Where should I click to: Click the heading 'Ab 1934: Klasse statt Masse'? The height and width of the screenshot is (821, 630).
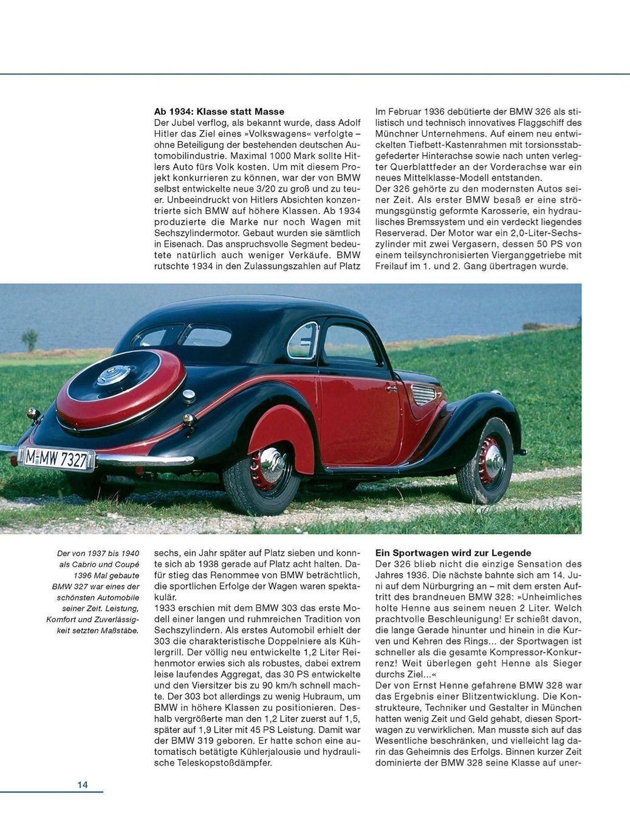pyautogui.click(x=219, y=112)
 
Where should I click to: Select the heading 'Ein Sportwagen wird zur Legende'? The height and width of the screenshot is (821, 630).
pyautogui.click(x=453, y=553)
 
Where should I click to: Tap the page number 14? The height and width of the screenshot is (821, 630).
pyautogui.click(x=83, y=785)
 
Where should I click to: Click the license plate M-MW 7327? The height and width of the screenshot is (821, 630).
pyautogui.click(x=57, y=458)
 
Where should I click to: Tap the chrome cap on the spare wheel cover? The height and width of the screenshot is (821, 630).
pyautogui.click(x=114, y=375)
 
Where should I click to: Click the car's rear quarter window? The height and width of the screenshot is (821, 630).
pyautogui.click(x=303, y=341)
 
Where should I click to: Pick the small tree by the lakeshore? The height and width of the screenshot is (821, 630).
pyautogui.click(x=29, y=339)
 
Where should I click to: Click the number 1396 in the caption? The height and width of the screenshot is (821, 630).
pyautogui.click(x=85, y=575)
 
